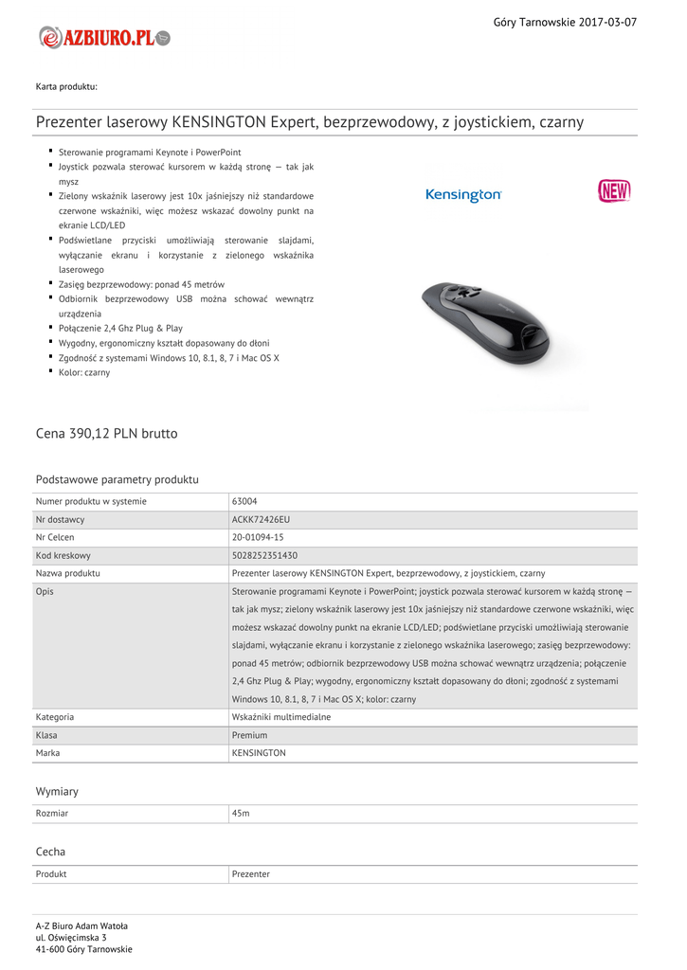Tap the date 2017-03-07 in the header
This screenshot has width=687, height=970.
tap(607, 22)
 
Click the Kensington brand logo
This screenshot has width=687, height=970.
tap(463, 195)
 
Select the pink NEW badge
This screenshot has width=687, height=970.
tap(614, 191)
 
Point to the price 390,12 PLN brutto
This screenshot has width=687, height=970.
tap(106, 434)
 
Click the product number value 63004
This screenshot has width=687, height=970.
tap(244, 501)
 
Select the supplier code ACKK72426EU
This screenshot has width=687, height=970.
tap(261, 519)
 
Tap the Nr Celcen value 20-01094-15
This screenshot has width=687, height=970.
tap(258, 537)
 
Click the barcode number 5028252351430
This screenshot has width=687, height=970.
tap(264, 555)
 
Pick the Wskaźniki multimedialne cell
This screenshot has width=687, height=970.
tap(281, 717)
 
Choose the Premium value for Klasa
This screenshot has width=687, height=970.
tap(249, 735)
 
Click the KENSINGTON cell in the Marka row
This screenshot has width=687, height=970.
tap(259, 753)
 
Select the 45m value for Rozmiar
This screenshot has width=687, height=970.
tap(241, 814)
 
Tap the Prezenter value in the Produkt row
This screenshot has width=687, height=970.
tap(251, 874)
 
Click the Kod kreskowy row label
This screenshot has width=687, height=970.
tap(63, 555)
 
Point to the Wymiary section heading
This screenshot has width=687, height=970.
tap(57, 791)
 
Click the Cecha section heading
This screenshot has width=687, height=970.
tap(50, 852)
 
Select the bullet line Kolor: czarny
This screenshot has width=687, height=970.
tap(84, 372)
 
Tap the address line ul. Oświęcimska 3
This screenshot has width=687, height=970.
tap(71, 938)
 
